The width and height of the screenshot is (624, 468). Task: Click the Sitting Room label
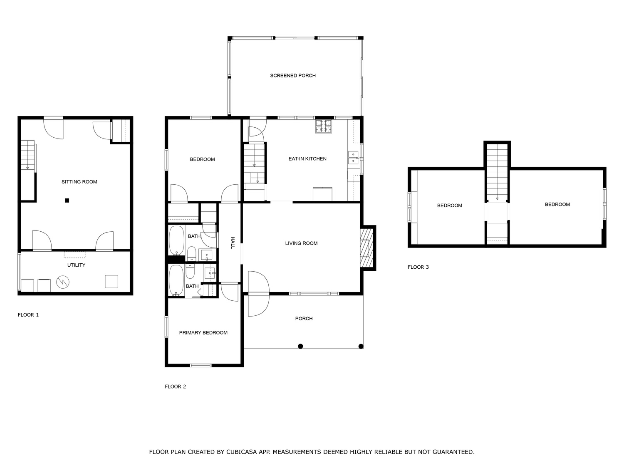[x=79, y=182]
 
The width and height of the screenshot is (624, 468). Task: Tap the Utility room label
[x=76, y=265]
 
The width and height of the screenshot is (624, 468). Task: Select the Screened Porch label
[x=293, y=76]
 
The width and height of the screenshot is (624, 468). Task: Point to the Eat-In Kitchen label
[x=307, y=159]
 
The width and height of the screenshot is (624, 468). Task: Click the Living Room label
[x=301, y=243]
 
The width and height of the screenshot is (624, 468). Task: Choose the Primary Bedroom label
[x=203, y=333]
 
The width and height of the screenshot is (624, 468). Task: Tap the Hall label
[x=233, y=243]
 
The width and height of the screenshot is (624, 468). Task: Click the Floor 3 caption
[x=418, y=267]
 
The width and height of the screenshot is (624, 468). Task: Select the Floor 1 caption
[x=28, y=315]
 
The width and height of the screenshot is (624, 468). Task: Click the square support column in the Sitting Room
[x=67, y=201]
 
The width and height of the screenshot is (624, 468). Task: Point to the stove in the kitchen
[x=324, y=126]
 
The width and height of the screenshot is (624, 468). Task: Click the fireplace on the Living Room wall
[x=366, y=248]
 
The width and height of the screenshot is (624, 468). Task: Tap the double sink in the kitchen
[x=353, y=158]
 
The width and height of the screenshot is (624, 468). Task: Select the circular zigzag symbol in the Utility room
[x=63, y=282]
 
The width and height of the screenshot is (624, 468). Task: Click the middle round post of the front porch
[x=300, y=346]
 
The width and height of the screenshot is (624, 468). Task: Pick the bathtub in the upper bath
[x=176, y=240]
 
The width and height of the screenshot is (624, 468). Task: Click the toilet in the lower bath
[x=190, y=271]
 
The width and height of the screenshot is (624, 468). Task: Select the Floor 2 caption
[x=176, y=387]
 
